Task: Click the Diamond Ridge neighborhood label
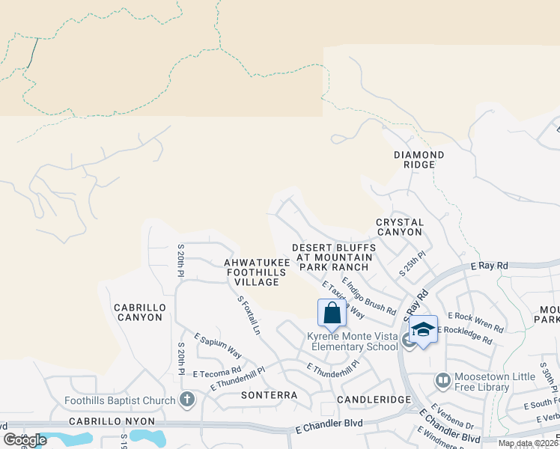click(419, 159)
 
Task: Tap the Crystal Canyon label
click(400, 227)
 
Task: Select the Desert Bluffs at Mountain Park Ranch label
click(332, 257)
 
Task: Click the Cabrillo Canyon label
click(138, 312)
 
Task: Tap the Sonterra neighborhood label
click(269, 394)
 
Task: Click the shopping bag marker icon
click(332, 312)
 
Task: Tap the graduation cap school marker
click(424, 329)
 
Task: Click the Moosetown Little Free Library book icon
click(442, 381)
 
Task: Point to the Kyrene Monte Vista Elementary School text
click(353, 341)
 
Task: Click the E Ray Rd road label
click(490, 266)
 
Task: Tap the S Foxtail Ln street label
click(249, 314)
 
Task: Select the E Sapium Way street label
click(218, 346)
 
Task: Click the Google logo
click(25, 439)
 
